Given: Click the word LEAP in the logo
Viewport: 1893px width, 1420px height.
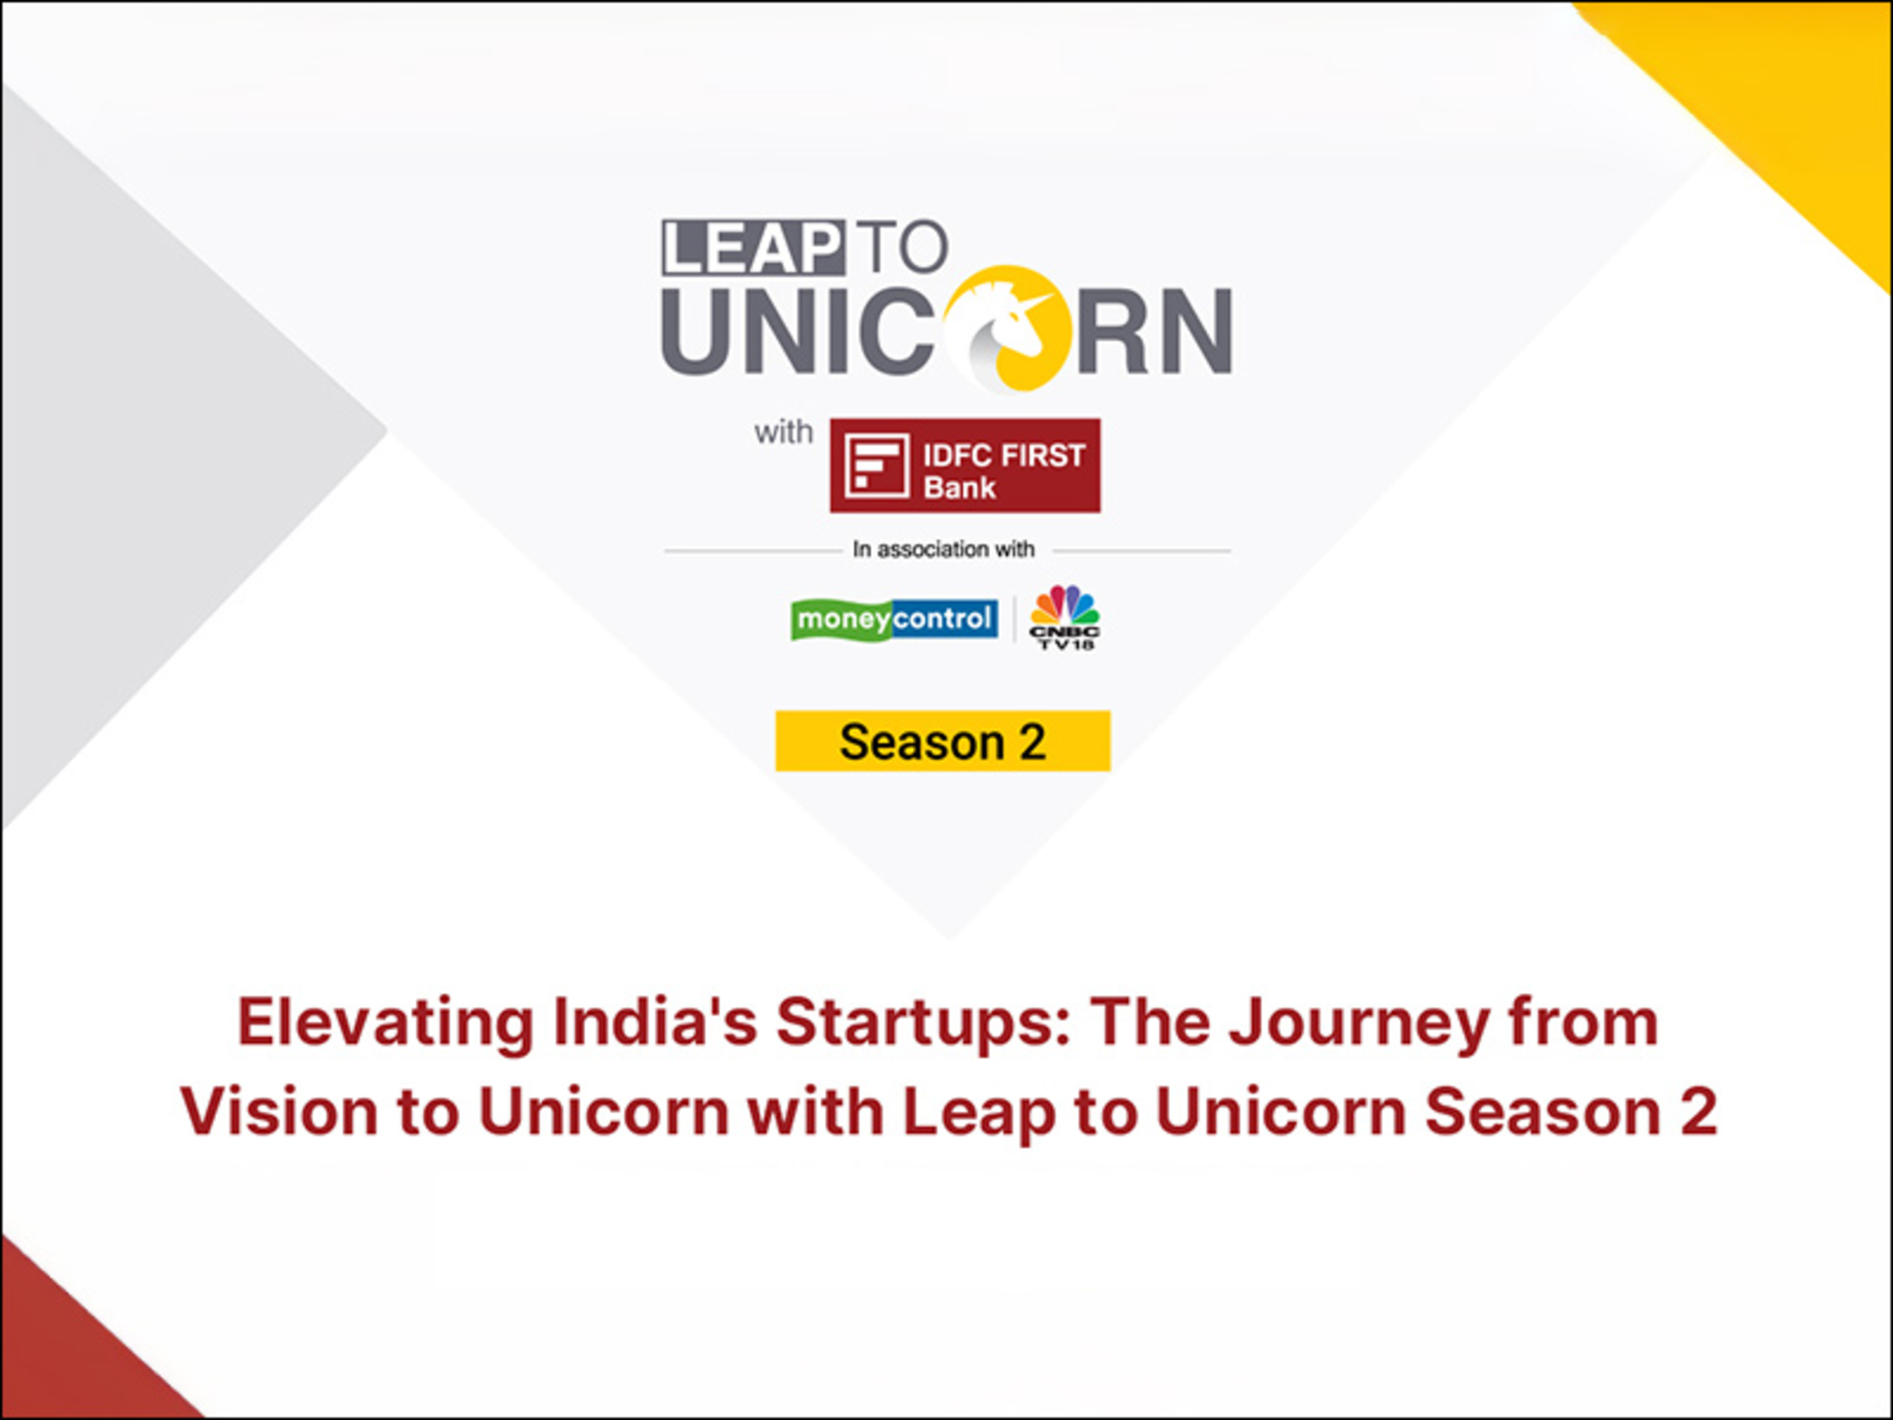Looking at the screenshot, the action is click(753, 248).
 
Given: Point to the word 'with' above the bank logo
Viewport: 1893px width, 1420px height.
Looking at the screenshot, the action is click(783, 432).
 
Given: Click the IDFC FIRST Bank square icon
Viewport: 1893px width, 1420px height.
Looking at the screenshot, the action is click(876, 465).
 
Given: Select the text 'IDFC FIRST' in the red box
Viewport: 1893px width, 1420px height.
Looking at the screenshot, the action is click(1004, 455).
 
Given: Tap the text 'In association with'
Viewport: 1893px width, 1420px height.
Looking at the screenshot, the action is click(943, 549).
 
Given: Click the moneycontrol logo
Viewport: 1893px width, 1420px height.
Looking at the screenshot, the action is click(894, 619).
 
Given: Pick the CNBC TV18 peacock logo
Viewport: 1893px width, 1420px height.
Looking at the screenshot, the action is click(1065, 617).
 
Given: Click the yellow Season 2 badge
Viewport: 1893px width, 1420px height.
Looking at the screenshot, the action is click(943, 741).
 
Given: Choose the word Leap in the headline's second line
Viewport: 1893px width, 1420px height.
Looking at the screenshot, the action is click(979, 1113).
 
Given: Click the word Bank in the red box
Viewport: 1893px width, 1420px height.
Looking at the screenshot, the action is click(960, 488).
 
